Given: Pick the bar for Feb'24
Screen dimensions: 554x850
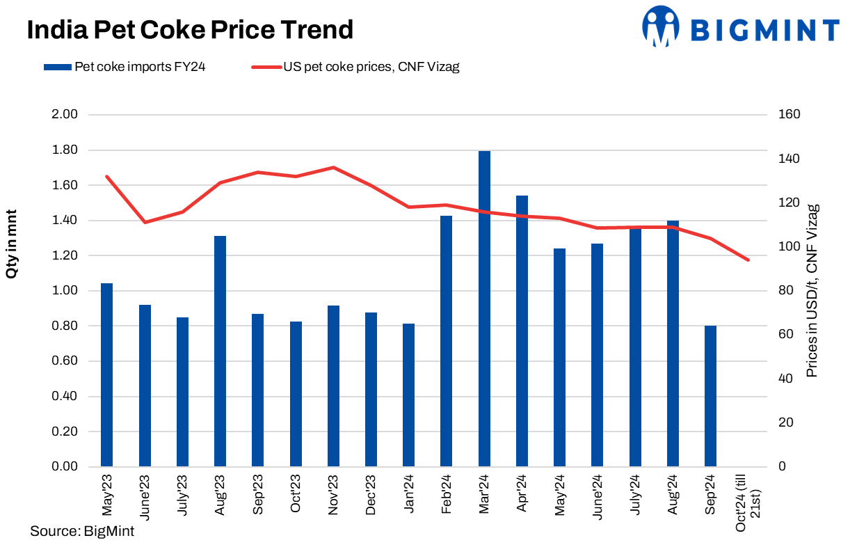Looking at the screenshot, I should pyautogui.click(x=447, y=340).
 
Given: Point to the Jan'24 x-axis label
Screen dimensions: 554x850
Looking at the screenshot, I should pyautogui.click(x=409, y=496).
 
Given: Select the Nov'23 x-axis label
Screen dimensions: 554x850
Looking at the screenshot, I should pyautogui.click(x=333, y=496).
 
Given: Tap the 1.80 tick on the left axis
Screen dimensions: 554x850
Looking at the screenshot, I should pyautogui.click(x=65, y=150).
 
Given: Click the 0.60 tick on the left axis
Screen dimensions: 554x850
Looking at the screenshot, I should pyautogui.click(x=65, y=361).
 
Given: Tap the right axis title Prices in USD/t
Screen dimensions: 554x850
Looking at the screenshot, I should pyautogui.click(x=812, y=291).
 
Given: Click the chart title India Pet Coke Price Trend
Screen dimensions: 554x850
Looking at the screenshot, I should pyautogui.click(x=190, y=30).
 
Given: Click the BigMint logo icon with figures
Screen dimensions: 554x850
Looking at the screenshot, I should pyautogui.click(x=660, y=26).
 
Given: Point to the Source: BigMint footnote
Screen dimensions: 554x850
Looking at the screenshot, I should pyautogui.click(x=82, y=532).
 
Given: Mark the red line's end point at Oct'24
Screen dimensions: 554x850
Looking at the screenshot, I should pyautogui.click(x=748, y=260).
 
